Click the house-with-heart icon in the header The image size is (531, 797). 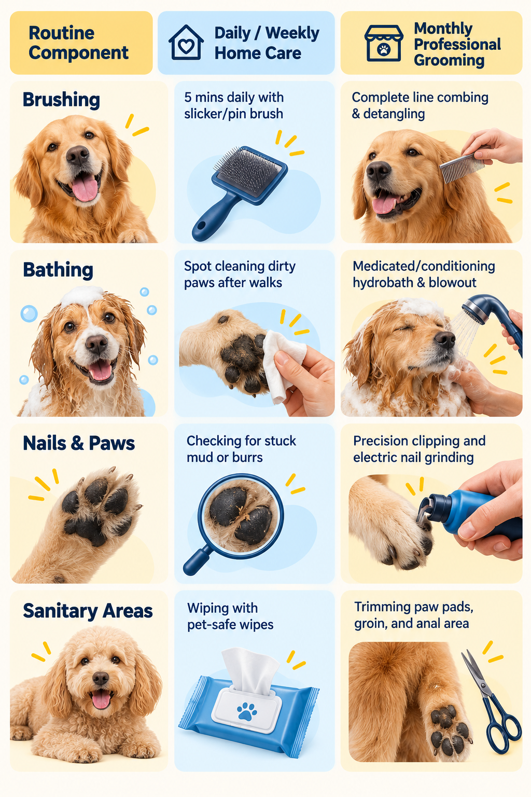186,43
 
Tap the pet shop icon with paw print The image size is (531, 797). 383,43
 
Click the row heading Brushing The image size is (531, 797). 61,100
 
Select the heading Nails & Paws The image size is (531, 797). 79,443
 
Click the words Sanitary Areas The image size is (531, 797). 88,611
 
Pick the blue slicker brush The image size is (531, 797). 239,192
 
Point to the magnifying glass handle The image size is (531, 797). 197,561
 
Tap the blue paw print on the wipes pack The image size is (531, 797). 247,711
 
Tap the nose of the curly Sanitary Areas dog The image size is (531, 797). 101,678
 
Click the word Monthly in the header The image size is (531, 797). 443,29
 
